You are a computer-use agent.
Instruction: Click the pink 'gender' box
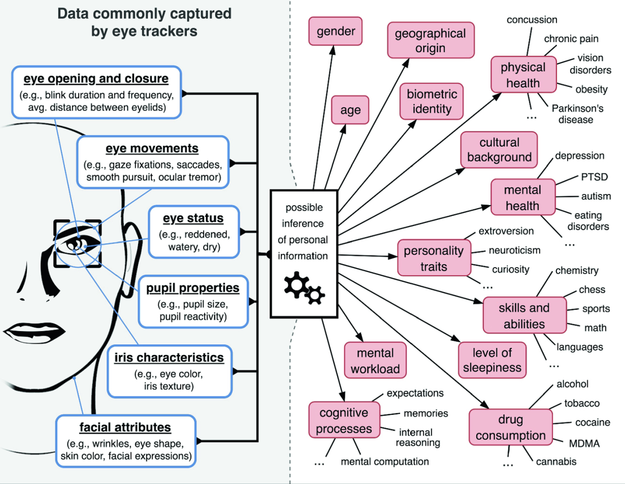point(336,32)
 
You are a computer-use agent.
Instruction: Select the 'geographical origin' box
point(431,41)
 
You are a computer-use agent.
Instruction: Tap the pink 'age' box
point(350,110)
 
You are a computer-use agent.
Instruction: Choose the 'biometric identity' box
point(432,101)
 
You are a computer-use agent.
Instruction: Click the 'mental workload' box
point(375,361)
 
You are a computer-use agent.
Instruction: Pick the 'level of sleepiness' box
point(492,360)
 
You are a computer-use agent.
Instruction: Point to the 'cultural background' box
point(499,150)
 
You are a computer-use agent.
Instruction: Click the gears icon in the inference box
point(304,288)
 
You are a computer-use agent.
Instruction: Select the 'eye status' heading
point(193,218)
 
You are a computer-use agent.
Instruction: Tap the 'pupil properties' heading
point(193,288)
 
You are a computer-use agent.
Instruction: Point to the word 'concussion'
point(532,20)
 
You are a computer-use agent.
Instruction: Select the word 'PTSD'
point(594,177)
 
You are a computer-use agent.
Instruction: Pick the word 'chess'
point(592,290)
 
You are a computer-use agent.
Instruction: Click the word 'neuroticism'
point(515,251)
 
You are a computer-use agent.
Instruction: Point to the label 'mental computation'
point(385,461)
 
